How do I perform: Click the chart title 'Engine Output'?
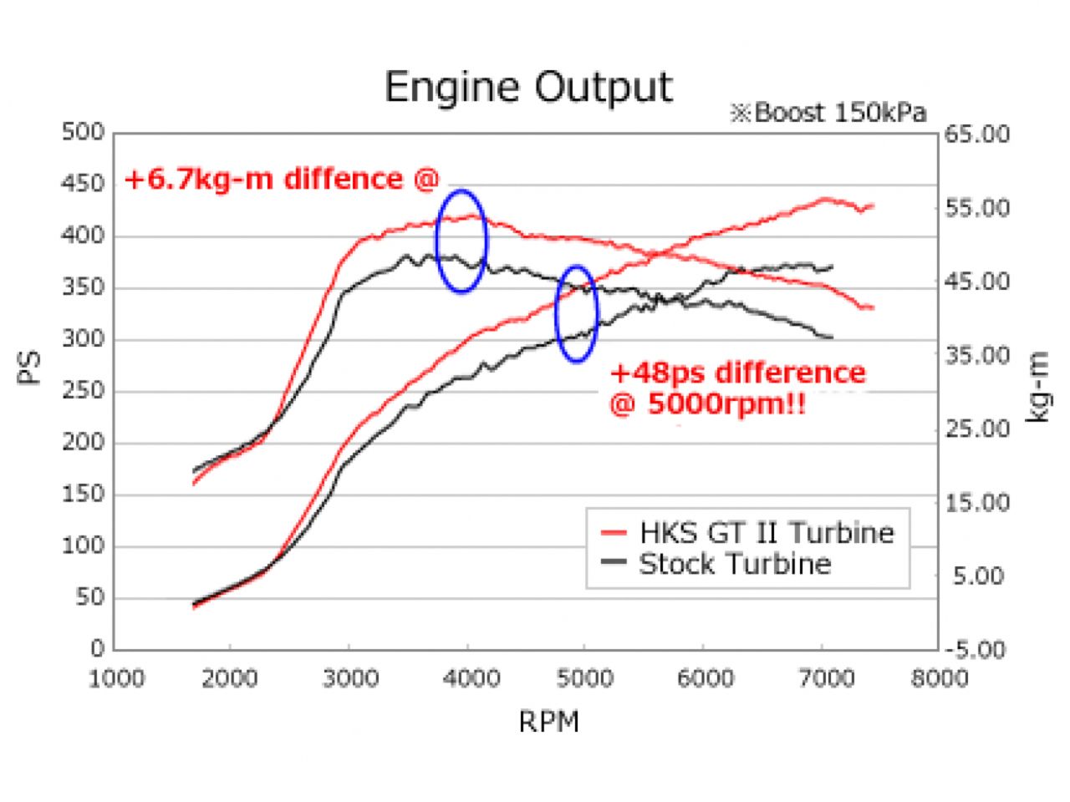click(528, 87)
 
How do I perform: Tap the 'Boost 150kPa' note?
click(828, 113)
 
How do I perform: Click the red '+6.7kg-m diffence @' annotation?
click(281, 179)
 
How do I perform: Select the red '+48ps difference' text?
click(737, 373)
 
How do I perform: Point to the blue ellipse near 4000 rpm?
click(461, 241)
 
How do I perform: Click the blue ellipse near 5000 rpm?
click(577, 313)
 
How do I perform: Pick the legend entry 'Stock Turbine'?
click(734, 564)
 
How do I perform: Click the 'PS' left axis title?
click(30, 368)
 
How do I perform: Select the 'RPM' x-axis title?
click(548, 721)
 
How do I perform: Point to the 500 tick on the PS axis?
click(83, 133)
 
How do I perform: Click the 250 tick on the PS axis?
click(83, 391)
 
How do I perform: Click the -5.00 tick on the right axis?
click(976, 649)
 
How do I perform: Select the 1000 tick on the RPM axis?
click(115, 678)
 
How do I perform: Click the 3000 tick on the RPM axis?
click(349, 678)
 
